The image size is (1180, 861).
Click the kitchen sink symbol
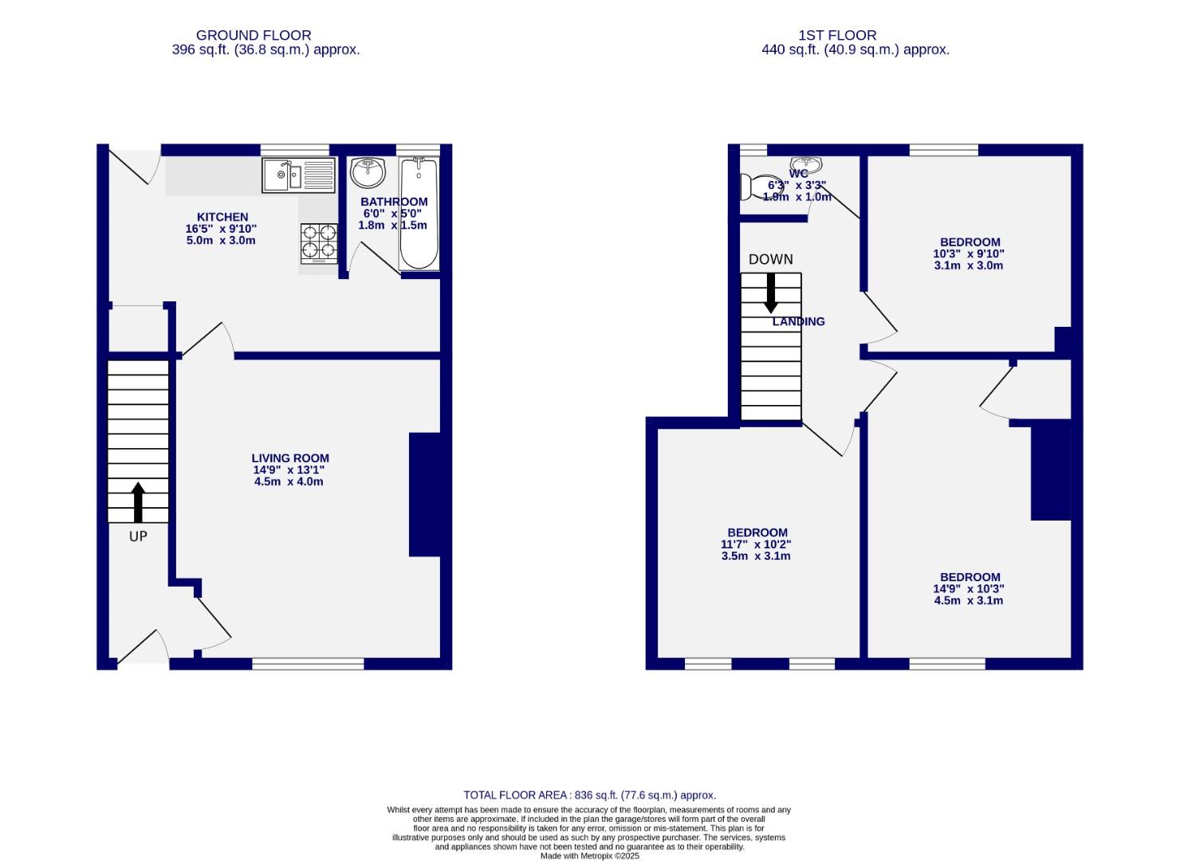298,175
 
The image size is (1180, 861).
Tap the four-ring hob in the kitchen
318,243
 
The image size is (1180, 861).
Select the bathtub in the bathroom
419,214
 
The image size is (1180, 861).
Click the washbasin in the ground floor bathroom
368,171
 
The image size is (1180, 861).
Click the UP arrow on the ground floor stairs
138,502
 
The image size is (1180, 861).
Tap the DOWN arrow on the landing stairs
770,293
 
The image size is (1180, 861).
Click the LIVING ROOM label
290,458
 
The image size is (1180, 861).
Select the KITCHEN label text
222,217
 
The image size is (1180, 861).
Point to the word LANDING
798,321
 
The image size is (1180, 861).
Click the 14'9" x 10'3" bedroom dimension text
968,589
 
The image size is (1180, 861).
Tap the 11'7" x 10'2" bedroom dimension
756,545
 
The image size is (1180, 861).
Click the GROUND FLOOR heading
254,35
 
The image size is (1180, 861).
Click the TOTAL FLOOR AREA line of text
589,795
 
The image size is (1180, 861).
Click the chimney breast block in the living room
424,494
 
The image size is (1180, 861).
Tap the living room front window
308,663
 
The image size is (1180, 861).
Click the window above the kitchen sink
294,149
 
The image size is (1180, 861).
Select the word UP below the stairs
138,537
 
